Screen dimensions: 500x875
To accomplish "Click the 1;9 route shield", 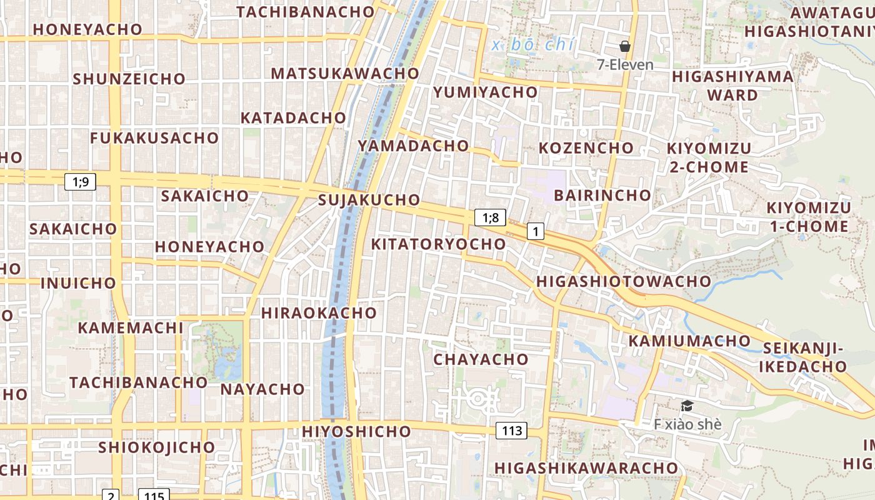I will (81, 182).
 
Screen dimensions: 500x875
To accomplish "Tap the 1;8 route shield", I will (490, 217).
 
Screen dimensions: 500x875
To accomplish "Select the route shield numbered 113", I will (511, 430).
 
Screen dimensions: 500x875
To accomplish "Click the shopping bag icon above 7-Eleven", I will (624, 46).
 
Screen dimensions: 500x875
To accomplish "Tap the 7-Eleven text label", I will (625, 64).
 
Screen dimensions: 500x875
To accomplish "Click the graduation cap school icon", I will (687, 406).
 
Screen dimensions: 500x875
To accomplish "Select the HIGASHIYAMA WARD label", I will (732, 86).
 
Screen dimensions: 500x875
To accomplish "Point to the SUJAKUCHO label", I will (369, 200).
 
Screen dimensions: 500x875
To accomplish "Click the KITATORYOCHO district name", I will (438, 244).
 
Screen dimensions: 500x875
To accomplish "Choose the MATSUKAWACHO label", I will (344, 73).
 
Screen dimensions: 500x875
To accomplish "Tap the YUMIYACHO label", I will (485, 92).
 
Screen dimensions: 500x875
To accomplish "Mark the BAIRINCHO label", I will (602, 195).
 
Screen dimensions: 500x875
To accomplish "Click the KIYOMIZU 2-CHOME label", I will (709, 157).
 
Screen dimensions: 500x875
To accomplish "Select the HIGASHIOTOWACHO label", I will (624, 281).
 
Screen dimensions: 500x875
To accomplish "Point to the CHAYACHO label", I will (481, 359).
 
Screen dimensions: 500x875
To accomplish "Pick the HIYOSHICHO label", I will (356, 431).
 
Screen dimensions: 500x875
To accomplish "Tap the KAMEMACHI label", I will (131, 327).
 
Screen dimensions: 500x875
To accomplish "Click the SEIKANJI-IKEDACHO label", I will (803, 357).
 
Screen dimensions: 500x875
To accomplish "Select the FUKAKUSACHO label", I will (154, 138).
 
